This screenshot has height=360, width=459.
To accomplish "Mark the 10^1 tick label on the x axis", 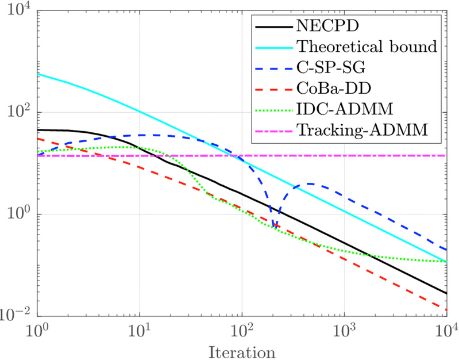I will click(140, 331).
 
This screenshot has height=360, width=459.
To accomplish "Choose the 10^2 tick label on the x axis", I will click(242, 331).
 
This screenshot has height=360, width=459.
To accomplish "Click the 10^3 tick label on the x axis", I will click(344, 331).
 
